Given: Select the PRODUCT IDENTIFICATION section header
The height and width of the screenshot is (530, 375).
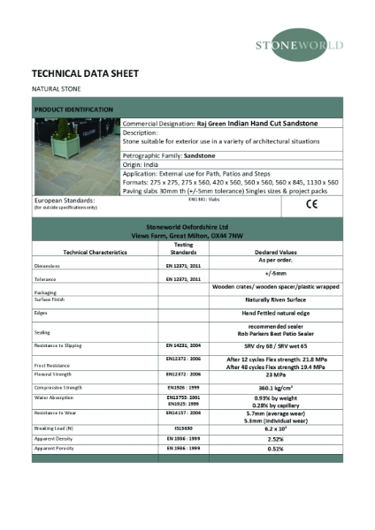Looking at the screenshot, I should pyautogui.click(x=73, y=110).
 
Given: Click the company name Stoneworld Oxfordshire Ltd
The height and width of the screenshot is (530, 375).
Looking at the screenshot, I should pyautogui.click(x=187, y=227).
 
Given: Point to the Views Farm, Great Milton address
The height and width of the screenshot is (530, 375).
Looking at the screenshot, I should pyautogui.click(x=187, y=235).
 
